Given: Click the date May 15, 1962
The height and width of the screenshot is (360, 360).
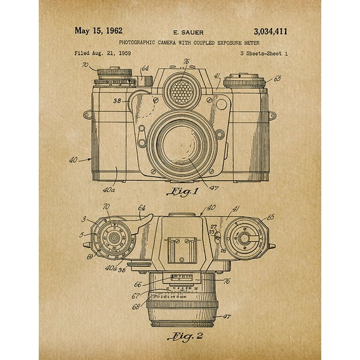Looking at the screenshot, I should click(x=99, y=31).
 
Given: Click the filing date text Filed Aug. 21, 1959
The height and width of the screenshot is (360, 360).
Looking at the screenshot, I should click(x=101, y=54).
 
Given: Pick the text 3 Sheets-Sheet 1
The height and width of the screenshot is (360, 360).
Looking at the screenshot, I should click(x=263, y=54).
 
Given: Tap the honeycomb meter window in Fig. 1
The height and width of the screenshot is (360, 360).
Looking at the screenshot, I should click(x=182, y=92).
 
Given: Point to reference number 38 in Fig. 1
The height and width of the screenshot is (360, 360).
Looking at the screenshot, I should click(x=117, y=100).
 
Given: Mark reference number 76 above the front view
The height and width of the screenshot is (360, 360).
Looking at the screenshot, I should click(x=186, y=61).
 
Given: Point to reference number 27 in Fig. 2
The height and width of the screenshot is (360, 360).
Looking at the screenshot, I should click(x=214, y=227).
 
